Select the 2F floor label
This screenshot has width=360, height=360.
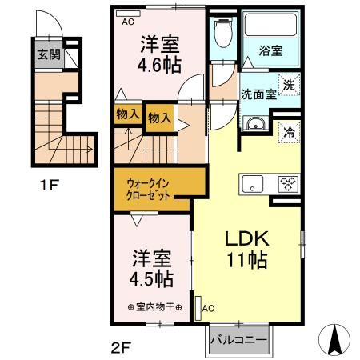[121, 347]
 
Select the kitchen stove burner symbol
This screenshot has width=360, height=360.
[286, 182]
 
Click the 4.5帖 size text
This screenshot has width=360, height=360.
[151, 279]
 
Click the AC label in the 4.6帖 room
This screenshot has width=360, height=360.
[127, 22]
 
